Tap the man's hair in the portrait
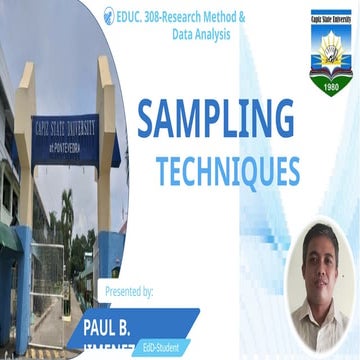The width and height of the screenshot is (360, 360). point(322,232)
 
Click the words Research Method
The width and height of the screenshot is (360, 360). point(209,19)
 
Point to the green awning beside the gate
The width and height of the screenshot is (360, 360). point(7,237)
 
